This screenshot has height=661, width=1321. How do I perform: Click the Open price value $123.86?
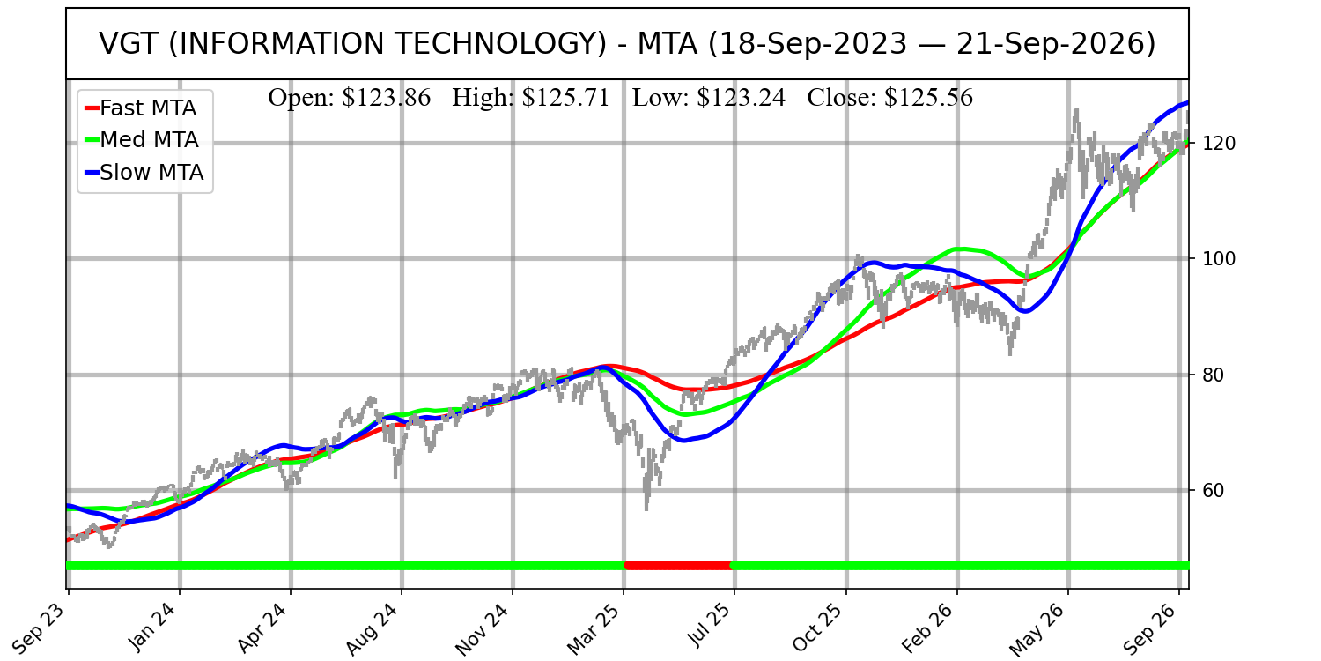pyautogui.click(x=387, y=98)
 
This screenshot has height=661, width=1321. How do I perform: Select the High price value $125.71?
pyautogui.click(x=565, y=98)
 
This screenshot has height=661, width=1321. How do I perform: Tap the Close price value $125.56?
pyautogui.click(x=928, y=98)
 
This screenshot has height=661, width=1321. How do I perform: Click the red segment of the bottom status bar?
pyautogui.click(x=679, y=566)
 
